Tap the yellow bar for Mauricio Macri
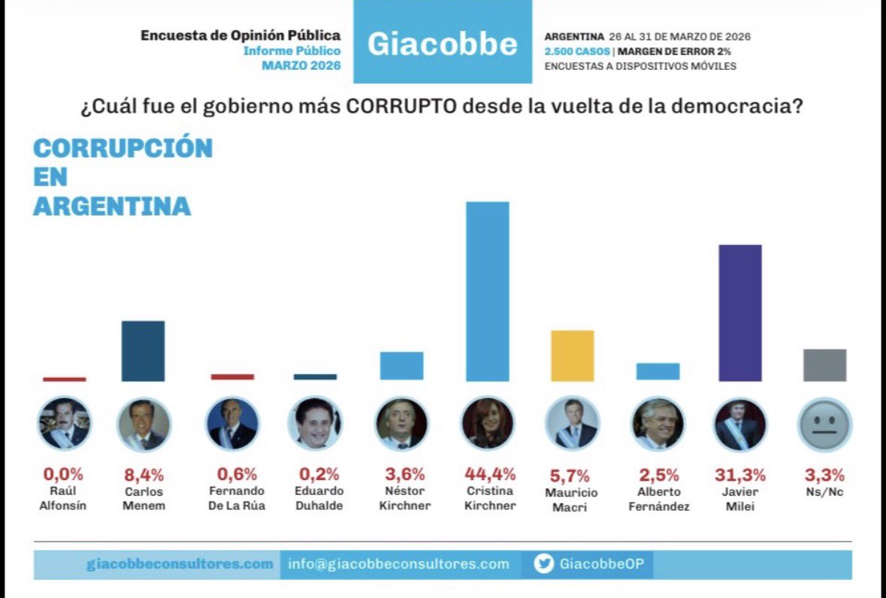(572, 355)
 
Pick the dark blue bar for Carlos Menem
(143, 351)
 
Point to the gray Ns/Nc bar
(824, 365)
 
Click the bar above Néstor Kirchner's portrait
(401, 366)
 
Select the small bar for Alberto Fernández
(658, 371)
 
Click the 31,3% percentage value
(740, 475)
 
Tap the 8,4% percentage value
(143, 475)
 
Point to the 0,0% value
(64, 475)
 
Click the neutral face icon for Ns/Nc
(824, 424)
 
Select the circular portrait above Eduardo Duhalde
(315, 424)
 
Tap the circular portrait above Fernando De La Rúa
(232, 424)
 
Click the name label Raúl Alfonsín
(64, 498)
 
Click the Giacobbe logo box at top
(442, 43)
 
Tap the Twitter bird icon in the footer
(543, 564)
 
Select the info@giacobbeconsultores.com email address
(399, 564)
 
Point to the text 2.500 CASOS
(577, 51)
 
